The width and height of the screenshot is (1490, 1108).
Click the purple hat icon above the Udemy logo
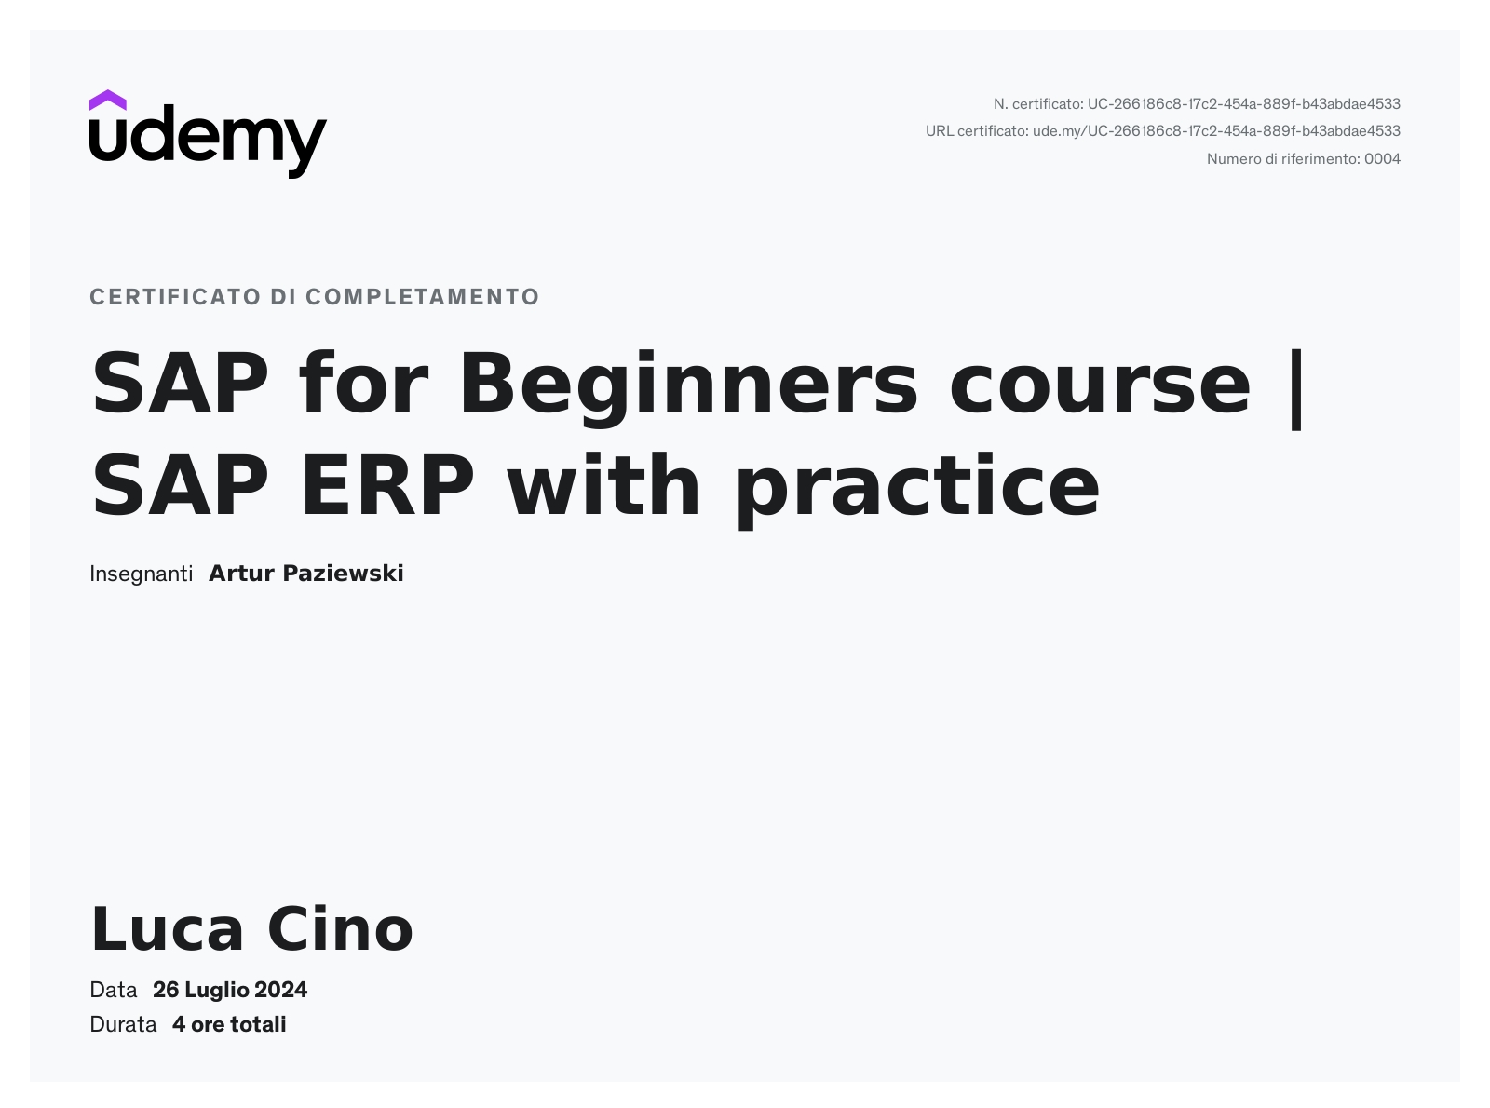pos(107,100)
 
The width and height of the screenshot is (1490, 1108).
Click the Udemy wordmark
pos(208,142)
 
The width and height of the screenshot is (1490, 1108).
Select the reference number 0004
pos(1382,159)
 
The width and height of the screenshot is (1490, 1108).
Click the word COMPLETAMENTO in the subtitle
pos(423,296)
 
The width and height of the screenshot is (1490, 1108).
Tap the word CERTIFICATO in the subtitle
pos(175,296)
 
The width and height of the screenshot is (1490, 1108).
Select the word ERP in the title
pos(387,485)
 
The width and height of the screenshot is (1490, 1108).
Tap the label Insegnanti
pos(141,574)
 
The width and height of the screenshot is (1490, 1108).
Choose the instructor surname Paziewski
pos(343,574)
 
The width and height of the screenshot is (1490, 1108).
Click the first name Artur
pos(242,574)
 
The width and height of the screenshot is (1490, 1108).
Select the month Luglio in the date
pos(216,991)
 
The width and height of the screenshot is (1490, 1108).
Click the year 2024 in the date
pos(281,990)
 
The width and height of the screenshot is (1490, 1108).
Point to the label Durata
pos(123,1025)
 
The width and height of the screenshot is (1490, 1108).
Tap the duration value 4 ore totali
pos(229,1025)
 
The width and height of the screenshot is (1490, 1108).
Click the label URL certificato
pos(977,131)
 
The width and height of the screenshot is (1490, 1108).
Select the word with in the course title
pos(604,484)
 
